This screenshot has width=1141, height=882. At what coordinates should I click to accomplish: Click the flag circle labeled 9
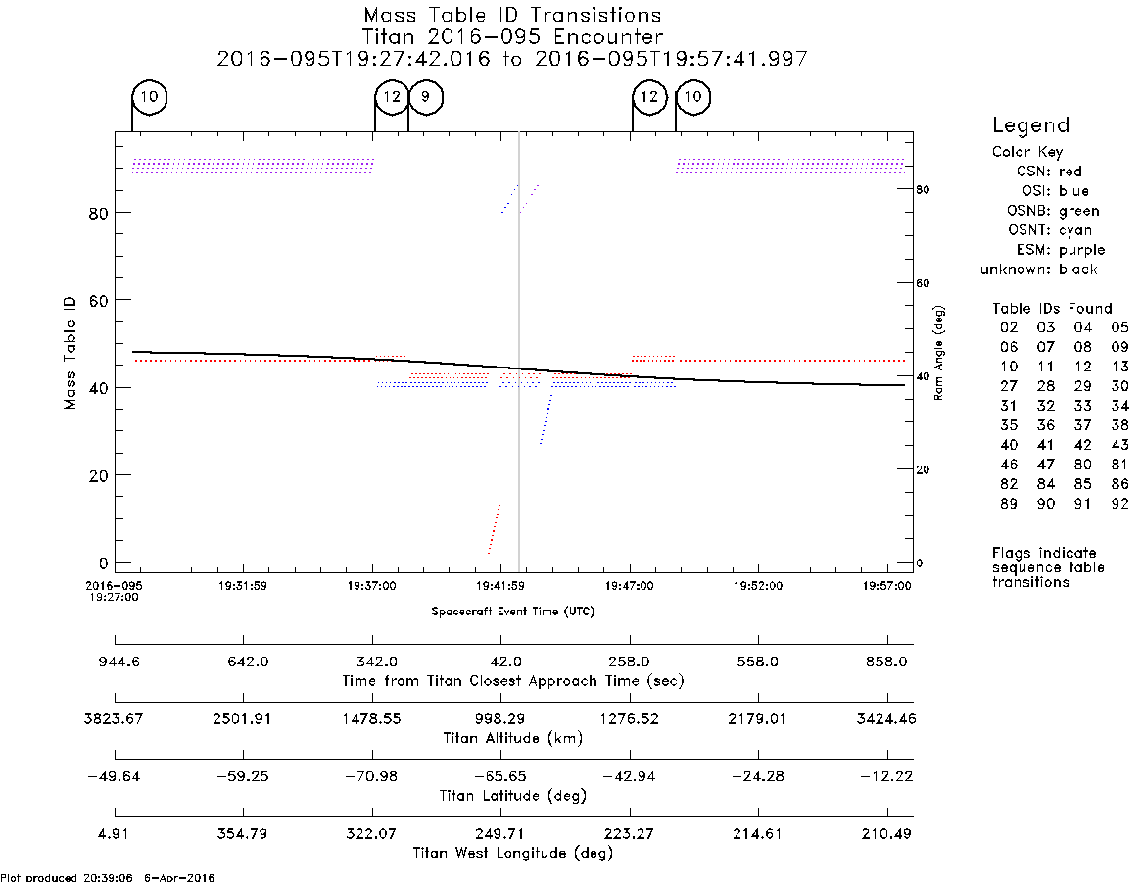point(426,97)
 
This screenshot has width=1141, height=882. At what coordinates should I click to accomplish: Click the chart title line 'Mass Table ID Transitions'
point(512,16)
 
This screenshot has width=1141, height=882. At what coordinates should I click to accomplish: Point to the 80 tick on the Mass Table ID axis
point(98,213)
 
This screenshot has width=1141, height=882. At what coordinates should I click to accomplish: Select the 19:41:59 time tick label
point(500,586)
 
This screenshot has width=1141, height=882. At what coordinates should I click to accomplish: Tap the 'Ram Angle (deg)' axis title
point(938,353)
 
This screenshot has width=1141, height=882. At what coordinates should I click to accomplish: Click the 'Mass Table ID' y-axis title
point(70,353)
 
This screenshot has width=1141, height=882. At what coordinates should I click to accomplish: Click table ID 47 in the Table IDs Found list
point(1046,465)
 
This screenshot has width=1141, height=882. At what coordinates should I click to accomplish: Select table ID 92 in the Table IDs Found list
point(1119,504)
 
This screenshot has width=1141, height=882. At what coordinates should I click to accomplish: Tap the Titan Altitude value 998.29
point(500,719)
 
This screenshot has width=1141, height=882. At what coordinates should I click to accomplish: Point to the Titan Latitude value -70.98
point(371,776)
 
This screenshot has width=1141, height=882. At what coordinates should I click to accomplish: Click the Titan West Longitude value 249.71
point(499,833)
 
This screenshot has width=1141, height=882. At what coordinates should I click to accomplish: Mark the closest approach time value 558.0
point(757,661)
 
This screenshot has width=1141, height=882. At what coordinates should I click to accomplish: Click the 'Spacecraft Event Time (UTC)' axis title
point(513,612)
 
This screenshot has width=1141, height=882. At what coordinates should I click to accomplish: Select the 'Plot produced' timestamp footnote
point(108,877)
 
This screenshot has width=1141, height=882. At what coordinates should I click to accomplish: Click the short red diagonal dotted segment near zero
point(494,529)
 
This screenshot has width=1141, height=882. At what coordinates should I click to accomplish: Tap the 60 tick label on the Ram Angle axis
point(923,282)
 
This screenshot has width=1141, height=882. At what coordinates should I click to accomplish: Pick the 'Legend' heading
point(1031,126)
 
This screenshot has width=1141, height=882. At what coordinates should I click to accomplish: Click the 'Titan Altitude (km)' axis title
point(513,739)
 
